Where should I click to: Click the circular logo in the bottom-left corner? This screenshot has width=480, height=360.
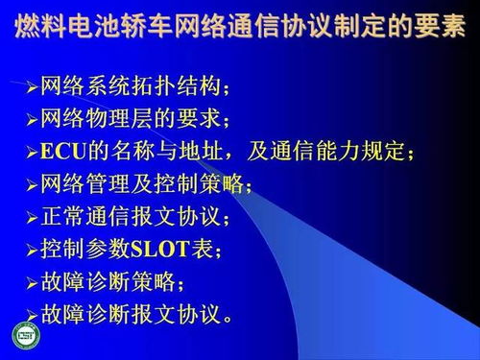25,336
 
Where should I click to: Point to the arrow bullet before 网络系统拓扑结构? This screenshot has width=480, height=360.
32,87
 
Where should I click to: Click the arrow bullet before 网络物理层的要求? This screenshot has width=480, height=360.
32,119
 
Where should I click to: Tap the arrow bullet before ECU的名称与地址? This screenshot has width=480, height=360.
32,152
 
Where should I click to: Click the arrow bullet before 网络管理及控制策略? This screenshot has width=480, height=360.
32,184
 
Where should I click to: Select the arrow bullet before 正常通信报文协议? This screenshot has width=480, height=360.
32,217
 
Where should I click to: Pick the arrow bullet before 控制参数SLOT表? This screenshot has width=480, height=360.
32,250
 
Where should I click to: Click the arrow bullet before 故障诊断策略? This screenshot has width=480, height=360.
32,282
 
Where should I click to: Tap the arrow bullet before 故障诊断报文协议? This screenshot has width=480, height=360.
32,314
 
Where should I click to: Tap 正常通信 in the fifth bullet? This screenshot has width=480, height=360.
84,217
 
